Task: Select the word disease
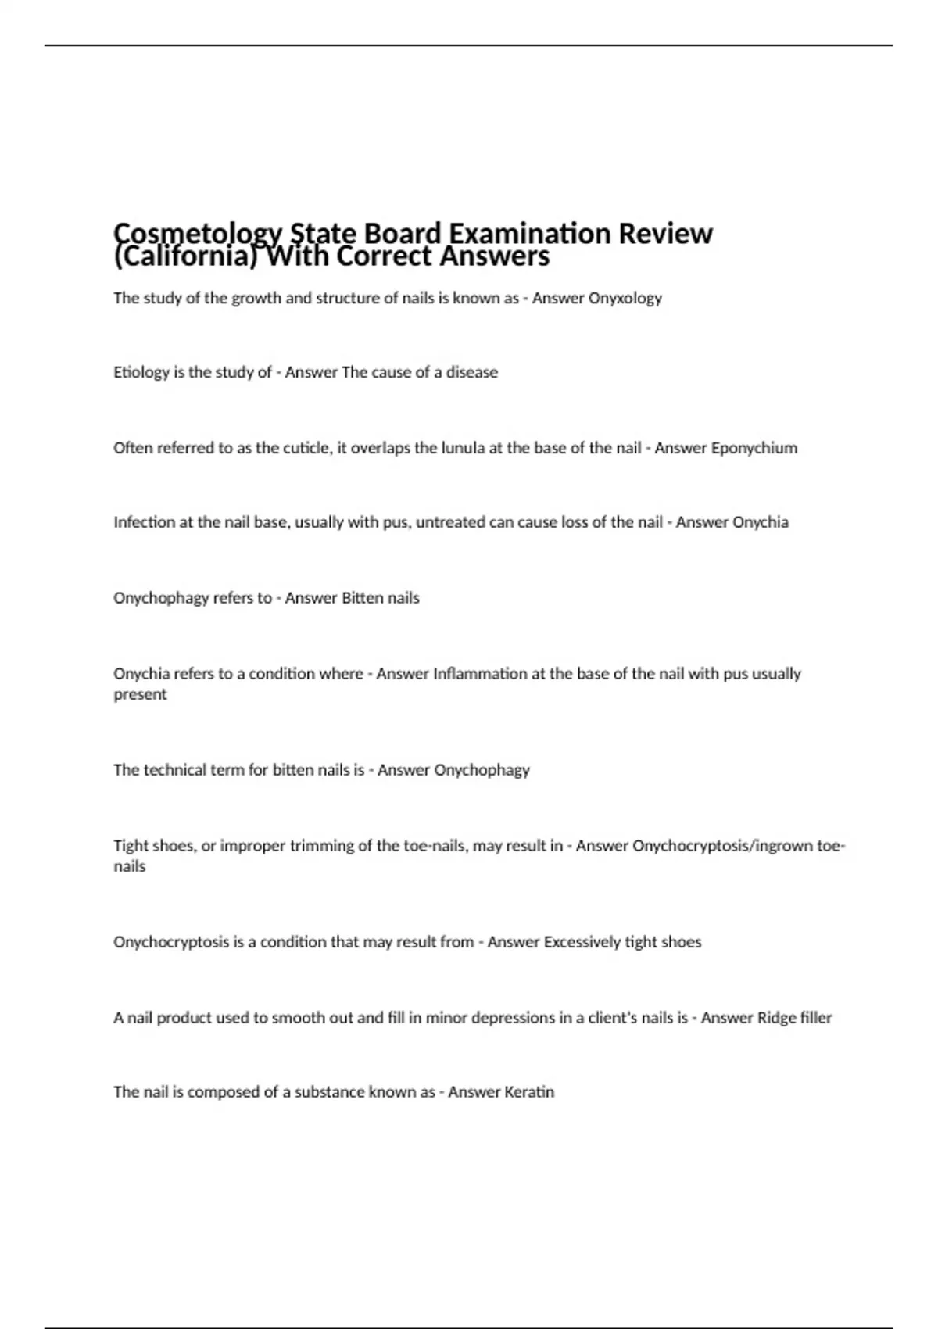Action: (x=471, y=372)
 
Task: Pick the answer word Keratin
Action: (x=528, y=1092)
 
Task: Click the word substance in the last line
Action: (x=328, y=1092)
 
